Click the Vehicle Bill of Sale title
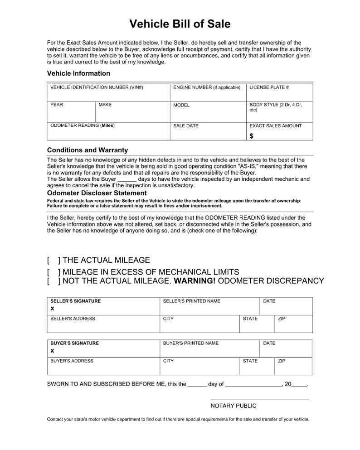180,24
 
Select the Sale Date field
207,132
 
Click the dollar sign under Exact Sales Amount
252,136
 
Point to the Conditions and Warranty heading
88,150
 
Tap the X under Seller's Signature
52,308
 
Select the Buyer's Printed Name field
209,349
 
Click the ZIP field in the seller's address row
293,325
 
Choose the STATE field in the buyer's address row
257,368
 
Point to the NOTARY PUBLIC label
233,406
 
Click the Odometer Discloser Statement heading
97,193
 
